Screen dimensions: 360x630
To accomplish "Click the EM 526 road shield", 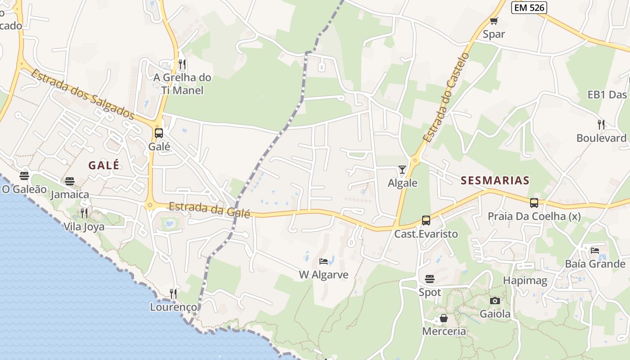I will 529,7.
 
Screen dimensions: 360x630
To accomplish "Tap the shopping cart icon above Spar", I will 494,21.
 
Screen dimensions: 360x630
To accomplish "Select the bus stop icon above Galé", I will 158,133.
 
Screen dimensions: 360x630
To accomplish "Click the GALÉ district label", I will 104,165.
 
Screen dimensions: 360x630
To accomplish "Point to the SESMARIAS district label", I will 495,181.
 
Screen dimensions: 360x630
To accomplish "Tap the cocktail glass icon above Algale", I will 402,170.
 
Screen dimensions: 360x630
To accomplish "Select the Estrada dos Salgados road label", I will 82,94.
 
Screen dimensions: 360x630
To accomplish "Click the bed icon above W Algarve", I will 324,261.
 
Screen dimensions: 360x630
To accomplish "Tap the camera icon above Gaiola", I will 495,301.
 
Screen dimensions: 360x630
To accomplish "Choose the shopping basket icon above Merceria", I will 444,318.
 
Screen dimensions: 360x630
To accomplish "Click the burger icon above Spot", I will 430,279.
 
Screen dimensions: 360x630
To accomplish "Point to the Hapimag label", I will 525,281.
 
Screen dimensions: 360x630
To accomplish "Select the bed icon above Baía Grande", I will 595,250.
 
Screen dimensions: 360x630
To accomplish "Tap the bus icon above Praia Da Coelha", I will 534,203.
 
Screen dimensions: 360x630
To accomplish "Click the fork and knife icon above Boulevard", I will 601,124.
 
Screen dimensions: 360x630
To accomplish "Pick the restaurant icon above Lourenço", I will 173,294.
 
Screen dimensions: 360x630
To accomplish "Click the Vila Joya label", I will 84,226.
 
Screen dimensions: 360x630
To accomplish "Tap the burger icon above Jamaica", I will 70,181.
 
